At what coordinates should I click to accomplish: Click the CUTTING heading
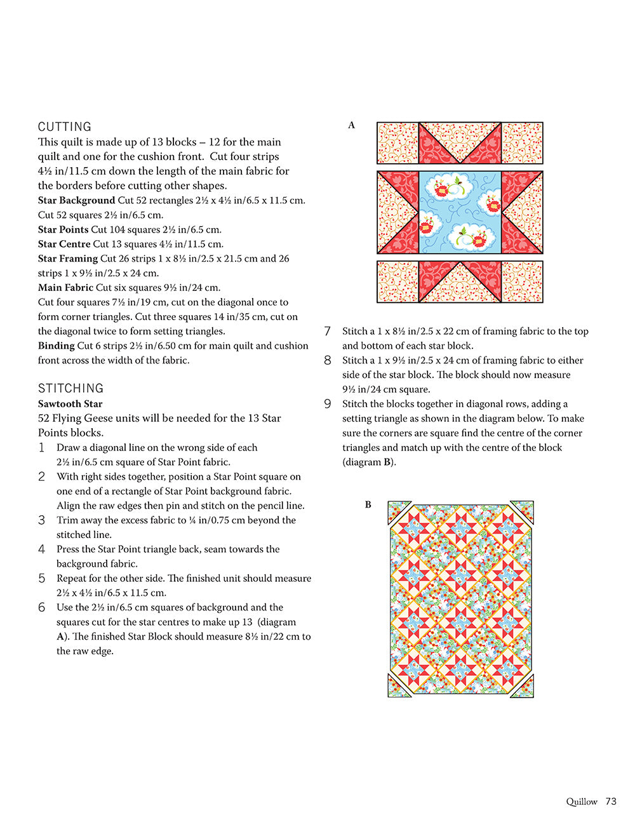[65, 126]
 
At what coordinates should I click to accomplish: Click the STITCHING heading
[70, 388]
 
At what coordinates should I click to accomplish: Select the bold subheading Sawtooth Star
[70, 403]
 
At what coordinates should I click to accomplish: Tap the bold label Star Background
[76, 200]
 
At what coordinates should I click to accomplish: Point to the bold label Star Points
[63, 229]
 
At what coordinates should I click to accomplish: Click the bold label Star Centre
[64, 244]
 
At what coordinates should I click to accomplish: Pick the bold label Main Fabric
[65, 288]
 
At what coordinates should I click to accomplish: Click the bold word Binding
[56, 346]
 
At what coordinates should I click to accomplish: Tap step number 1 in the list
[42, 448]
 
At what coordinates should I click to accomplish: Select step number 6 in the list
[42, 608]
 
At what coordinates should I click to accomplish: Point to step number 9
[328, 404]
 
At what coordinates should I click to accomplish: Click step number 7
[328, 332]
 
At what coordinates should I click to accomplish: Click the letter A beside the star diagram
[351, 125]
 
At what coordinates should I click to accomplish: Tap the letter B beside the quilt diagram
[368, 504]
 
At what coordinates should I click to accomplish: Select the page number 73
[611, 802]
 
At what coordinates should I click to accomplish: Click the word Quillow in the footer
[582, 802]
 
